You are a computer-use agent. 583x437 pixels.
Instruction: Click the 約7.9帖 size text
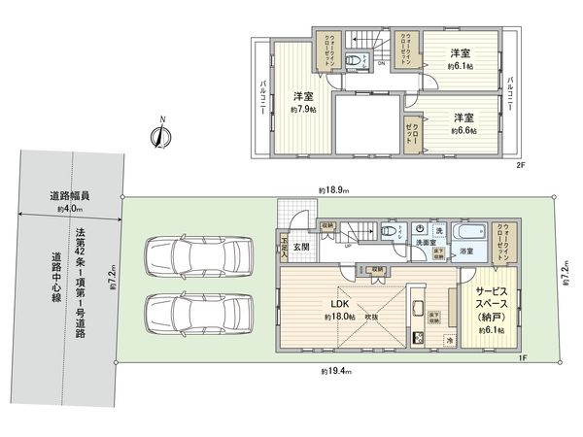coord(302,110)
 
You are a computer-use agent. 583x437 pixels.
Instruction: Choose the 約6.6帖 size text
coord(463,129)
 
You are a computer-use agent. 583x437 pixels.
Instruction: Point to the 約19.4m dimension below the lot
coord(336,371)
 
